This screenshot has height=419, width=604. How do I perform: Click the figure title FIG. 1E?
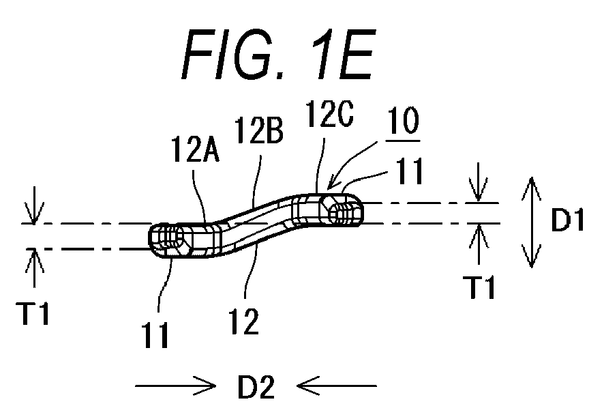pyautogui.click(x=278, y=55)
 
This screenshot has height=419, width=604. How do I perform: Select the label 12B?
pyautogui.click(x=258, y=130)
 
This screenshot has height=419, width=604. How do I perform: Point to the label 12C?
pyautogui.click(x=329, y=114)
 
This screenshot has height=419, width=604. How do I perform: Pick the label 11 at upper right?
pyautogui.click(x=410, y=171)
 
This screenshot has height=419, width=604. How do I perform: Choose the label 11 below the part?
pyautogui.click(x=155, y=334)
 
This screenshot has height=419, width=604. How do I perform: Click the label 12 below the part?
pyautogui.click(x=244, y=321)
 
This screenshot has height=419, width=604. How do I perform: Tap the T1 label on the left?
pyautogui.click(x=33, y=313)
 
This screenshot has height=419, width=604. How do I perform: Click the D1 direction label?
pyautogui.click(x=568, y=220)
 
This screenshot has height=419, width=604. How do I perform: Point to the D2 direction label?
pyautogui.click(x=256, y=387)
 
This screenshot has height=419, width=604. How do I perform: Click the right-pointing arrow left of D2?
pyautogui.click(x=175, y=386)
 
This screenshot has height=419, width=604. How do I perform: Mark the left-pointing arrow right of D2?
pyautogui.click(x=337, y=386)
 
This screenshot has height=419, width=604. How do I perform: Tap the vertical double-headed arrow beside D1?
pyautogui.click(x=532, y=222)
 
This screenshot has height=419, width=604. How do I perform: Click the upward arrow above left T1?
pyautogui.click(x=35, y=268)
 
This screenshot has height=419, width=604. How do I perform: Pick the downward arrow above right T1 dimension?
pyautogui.click(x=479, y=182)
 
